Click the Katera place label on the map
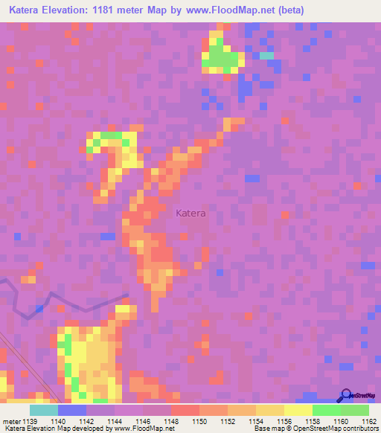pos(190,214)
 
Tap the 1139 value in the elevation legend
pos(29,420)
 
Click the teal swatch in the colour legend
pos(44,410)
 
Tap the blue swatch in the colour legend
pos(72,410)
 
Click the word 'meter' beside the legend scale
pos(10,420)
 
